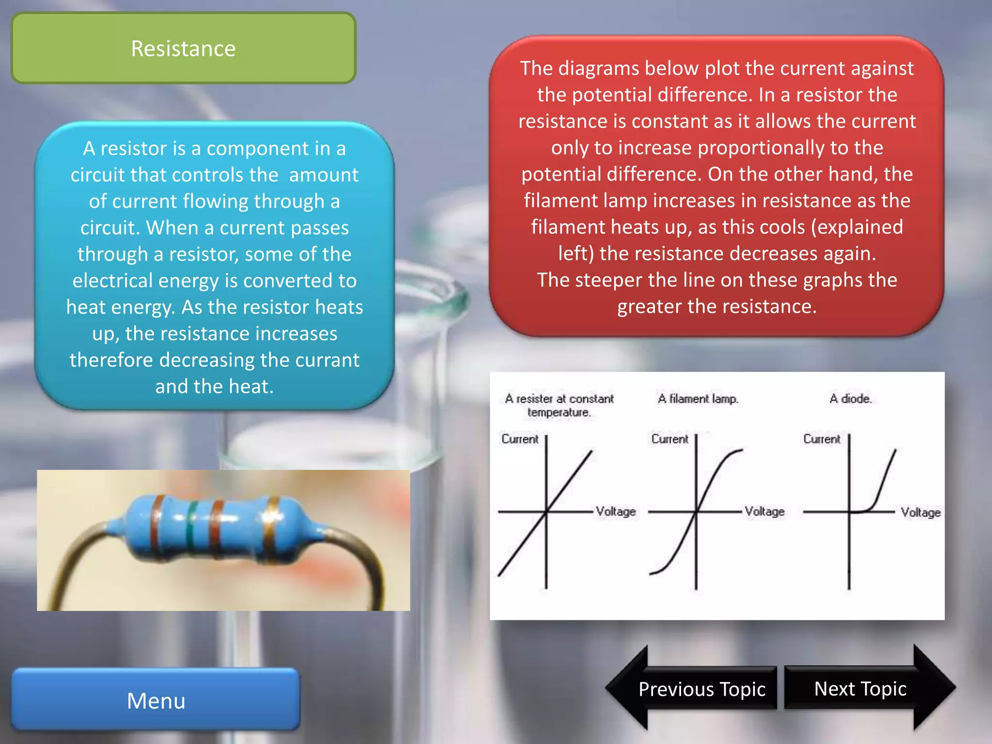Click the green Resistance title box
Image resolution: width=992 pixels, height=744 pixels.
coord(184,48)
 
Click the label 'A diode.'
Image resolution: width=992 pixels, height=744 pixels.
coord(851,399)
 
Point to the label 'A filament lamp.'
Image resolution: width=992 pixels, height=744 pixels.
coord(698,399)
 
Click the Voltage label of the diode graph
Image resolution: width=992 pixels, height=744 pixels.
coord(920,512)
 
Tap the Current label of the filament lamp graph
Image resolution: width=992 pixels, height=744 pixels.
coord(669,439)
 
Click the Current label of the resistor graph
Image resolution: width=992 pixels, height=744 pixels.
coord(520,439)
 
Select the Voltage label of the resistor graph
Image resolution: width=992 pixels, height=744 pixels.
coord(616,511)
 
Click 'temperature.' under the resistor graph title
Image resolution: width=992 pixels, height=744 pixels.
coord(559,412)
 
